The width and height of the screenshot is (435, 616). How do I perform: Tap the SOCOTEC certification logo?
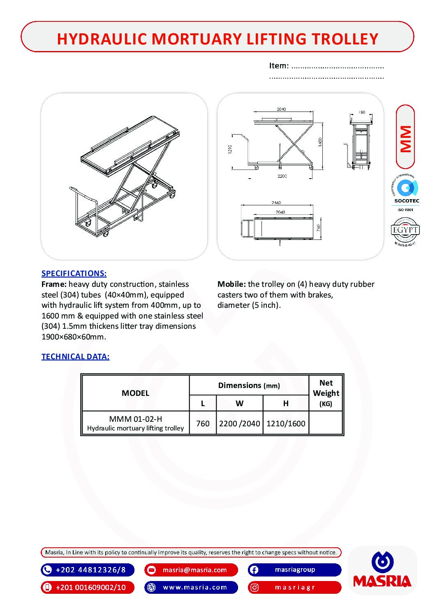[x=406, y=192]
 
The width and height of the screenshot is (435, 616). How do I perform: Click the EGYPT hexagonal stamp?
[x=405, y=230]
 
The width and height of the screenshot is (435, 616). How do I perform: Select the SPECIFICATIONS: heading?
[x=74, y=273]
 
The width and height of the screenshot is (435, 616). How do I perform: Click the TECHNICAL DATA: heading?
[x=75, y=356]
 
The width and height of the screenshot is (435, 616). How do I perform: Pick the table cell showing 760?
[x=203, y=423]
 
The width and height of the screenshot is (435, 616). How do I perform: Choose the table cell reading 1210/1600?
[x=286, y=423]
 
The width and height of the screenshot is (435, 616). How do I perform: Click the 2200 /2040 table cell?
[x=239, y=423]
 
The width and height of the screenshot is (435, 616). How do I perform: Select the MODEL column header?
[x=135, y=393]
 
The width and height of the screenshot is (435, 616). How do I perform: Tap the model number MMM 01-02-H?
[x=135, y=419]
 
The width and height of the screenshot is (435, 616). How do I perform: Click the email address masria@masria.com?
[x=194, y=570]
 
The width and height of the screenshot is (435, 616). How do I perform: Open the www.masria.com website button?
[x=195, y=587]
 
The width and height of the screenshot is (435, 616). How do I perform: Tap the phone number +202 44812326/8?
[x=90, y=570]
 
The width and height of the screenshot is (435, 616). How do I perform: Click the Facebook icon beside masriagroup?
[x=254, y=570]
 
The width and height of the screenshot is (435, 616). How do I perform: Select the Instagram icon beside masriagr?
[x=254, y=587]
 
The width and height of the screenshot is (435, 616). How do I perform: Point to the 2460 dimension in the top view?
[x=276, y=202]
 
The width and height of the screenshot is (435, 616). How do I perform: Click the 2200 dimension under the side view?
[x=282, y=176]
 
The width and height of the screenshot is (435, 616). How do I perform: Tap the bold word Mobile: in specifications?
[x=231, y=284]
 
